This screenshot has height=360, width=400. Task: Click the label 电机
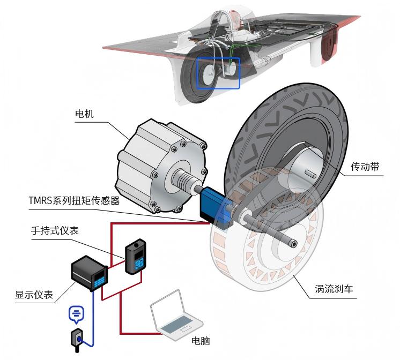pyautogui.click(x=84, y=114)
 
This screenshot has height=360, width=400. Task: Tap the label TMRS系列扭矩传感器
pyautogui.click(x=74, y=201)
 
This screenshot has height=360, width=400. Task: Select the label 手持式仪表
pyautogui.click(x=55, y=231)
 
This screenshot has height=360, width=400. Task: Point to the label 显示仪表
pyautogui.click(x=34, y=295)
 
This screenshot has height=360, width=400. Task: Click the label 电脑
pyautogui.click(x=201, y=341)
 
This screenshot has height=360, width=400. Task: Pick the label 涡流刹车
pyautogui.click(x=334, y=289)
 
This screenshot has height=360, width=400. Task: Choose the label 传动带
pyautogui.click(x=365, y=167)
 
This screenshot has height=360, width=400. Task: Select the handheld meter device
pyautogui.click(x=135, y=257)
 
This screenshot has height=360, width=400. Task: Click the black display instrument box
pyautogui.click(x=90, y=273)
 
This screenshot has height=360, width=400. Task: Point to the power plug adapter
pyautogui.click(x=77, y=340)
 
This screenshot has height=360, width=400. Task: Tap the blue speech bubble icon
pyautogui.click(x=76, y=314)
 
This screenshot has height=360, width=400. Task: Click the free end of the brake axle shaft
pyautogui.click(x=293, y=244)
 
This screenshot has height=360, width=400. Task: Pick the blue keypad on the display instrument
pyautogui.click(x=99, y=282)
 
